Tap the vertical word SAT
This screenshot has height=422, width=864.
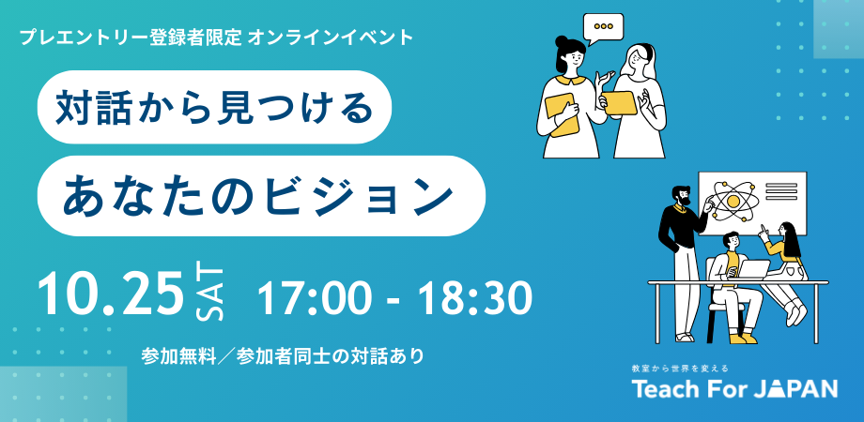coord(210,294)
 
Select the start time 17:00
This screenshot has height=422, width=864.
coord(312,299)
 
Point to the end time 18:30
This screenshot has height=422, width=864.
coord(474,299)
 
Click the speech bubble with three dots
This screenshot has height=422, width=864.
coord(603,27)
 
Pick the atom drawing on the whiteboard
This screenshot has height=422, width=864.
coord(733,201)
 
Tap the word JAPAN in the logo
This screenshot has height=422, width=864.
coord(795,388)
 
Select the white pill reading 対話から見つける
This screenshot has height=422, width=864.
coord(214,107)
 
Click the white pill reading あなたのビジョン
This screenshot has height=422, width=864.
coord(261,196)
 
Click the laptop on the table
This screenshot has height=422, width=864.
coord(753,269)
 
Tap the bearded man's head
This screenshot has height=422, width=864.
coord(681,196)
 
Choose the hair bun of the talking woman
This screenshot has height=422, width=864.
coord(561,41)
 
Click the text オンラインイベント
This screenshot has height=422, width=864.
coord(331,37)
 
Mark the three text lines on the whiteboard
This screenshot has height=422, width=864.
coord(781,191)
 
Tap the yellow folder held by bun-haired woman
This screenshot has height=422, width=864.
coord(562,114)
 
